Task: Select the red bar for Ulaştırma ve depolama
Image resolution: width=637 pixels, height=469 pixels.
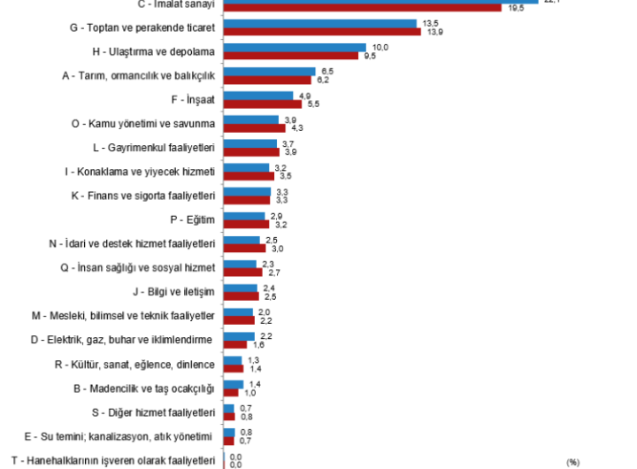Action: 290,56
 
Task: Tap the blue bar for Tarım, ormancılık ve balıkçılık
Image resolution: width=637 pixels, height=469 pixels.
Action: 268,72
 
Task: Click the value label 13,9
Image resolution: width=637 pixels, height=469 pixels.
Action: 434,32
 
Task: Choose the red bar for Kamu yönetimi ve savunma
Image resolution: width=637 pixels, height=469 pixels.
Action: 254,127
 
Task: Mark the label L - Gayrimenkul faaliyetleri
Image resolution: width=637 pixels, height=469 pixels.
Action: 154,147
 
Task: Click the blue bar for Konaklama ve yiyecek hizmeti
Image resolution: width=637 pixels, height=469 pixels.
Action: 246,167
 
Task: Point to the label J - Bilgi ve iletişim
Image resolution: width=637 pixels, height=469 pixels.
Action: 173,290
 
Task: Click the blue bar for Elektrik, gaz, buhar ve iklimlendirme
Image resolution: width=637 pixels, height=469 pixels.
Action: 239,336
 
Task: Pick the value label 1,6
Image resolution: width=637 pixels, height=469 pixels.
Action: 258,344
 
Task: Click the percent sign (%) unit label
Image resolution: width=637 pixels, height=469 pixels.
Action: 572,462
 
